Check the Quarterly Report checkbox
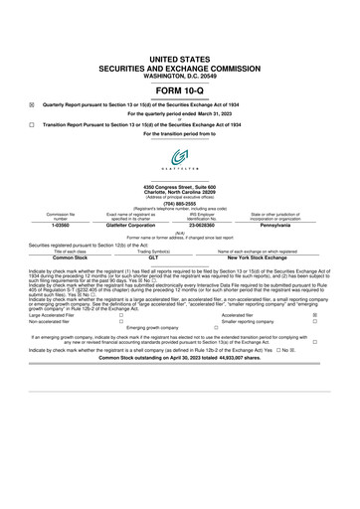point(32,103)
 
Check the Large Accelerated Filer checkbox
point(120,314)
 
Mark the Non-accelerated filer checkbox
point(120,321)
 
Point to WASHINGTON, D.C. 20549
point(179,49)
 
